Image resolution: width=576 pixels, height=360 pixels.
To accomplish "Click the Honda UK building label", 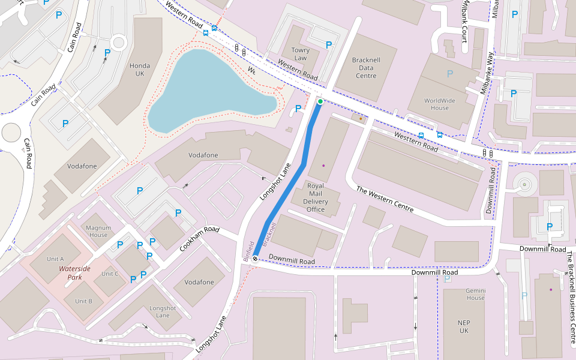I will [x=140, y=70].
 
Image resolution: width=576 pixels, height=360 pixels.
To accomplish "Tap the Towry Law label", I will [x=300, y=54].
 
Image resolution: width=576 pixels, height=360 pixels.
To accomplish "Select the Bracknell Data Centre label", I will [x=365, y=68].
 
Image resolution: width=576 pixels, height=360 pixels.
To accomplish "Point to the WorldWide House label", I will [x=439, y=104].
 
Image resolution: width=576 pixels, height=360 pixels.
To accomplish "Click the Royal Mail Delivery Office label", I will [x=316, y=197].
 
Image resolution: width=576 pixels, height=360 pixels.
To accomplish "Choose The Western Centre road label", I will [x=385, y=199].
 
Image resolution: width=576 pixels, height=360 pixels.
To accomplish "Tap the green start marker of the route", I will [x=320, y=102].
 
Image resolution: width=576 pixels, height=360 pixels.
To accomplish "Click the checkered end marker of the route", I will [x=256, y=259].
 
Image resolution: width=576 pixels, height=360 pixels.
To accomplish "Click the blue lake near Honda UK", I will [x=204, y=90].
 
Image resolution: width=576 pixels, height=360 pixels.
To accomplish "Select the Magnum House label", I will [x=97, y=231].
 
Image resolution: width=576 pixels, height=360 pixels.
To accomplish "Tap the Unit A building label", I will [x=55, y=259].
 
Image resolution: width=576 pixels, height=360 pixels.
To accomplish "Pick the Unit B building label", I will [x=83, y=301].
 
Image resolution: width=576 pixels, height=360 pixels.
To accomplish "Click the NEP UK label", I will [x=464, y=326].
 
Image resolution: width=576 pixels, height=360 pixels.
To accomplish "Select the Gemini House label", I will [x=475, y=294].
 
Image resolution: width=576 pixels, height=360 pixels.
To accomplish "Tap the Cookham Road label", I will [x=200, y=238].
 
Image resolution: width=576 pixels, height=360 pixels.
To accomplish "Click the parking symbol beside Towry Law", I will [x=328, y=45].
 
